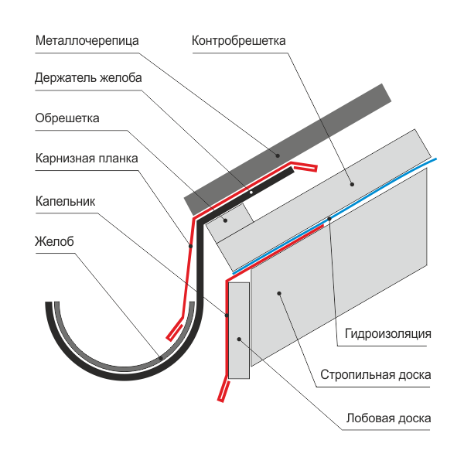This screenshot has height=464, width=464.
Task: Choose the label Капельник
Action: pyautogui.click(x=66, y=200)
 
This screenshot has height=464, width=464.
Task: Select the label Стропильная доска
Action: pyautogui.click(x=376, y=375)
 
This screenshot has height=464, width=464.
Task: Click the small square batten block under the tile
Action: pyautogui.click(x=227, y=219)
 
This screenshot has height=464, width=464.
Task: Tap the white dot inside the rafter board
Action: pyautogui.click(x=279, y=293)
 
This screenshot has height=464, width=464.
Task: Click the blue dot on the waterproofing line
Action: pyautogui.click(x=329, y=219)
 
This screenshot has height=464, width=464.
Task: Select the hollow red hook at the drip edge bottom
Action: pyautogui.click(x=222, y=391)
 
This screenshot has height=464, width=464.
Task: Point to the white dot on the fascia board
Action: pyautogui.click(x=241, y=339)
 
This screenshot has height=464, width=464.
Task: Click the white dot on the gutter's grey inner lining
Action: pyautogui.click(x=160, y=357)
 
